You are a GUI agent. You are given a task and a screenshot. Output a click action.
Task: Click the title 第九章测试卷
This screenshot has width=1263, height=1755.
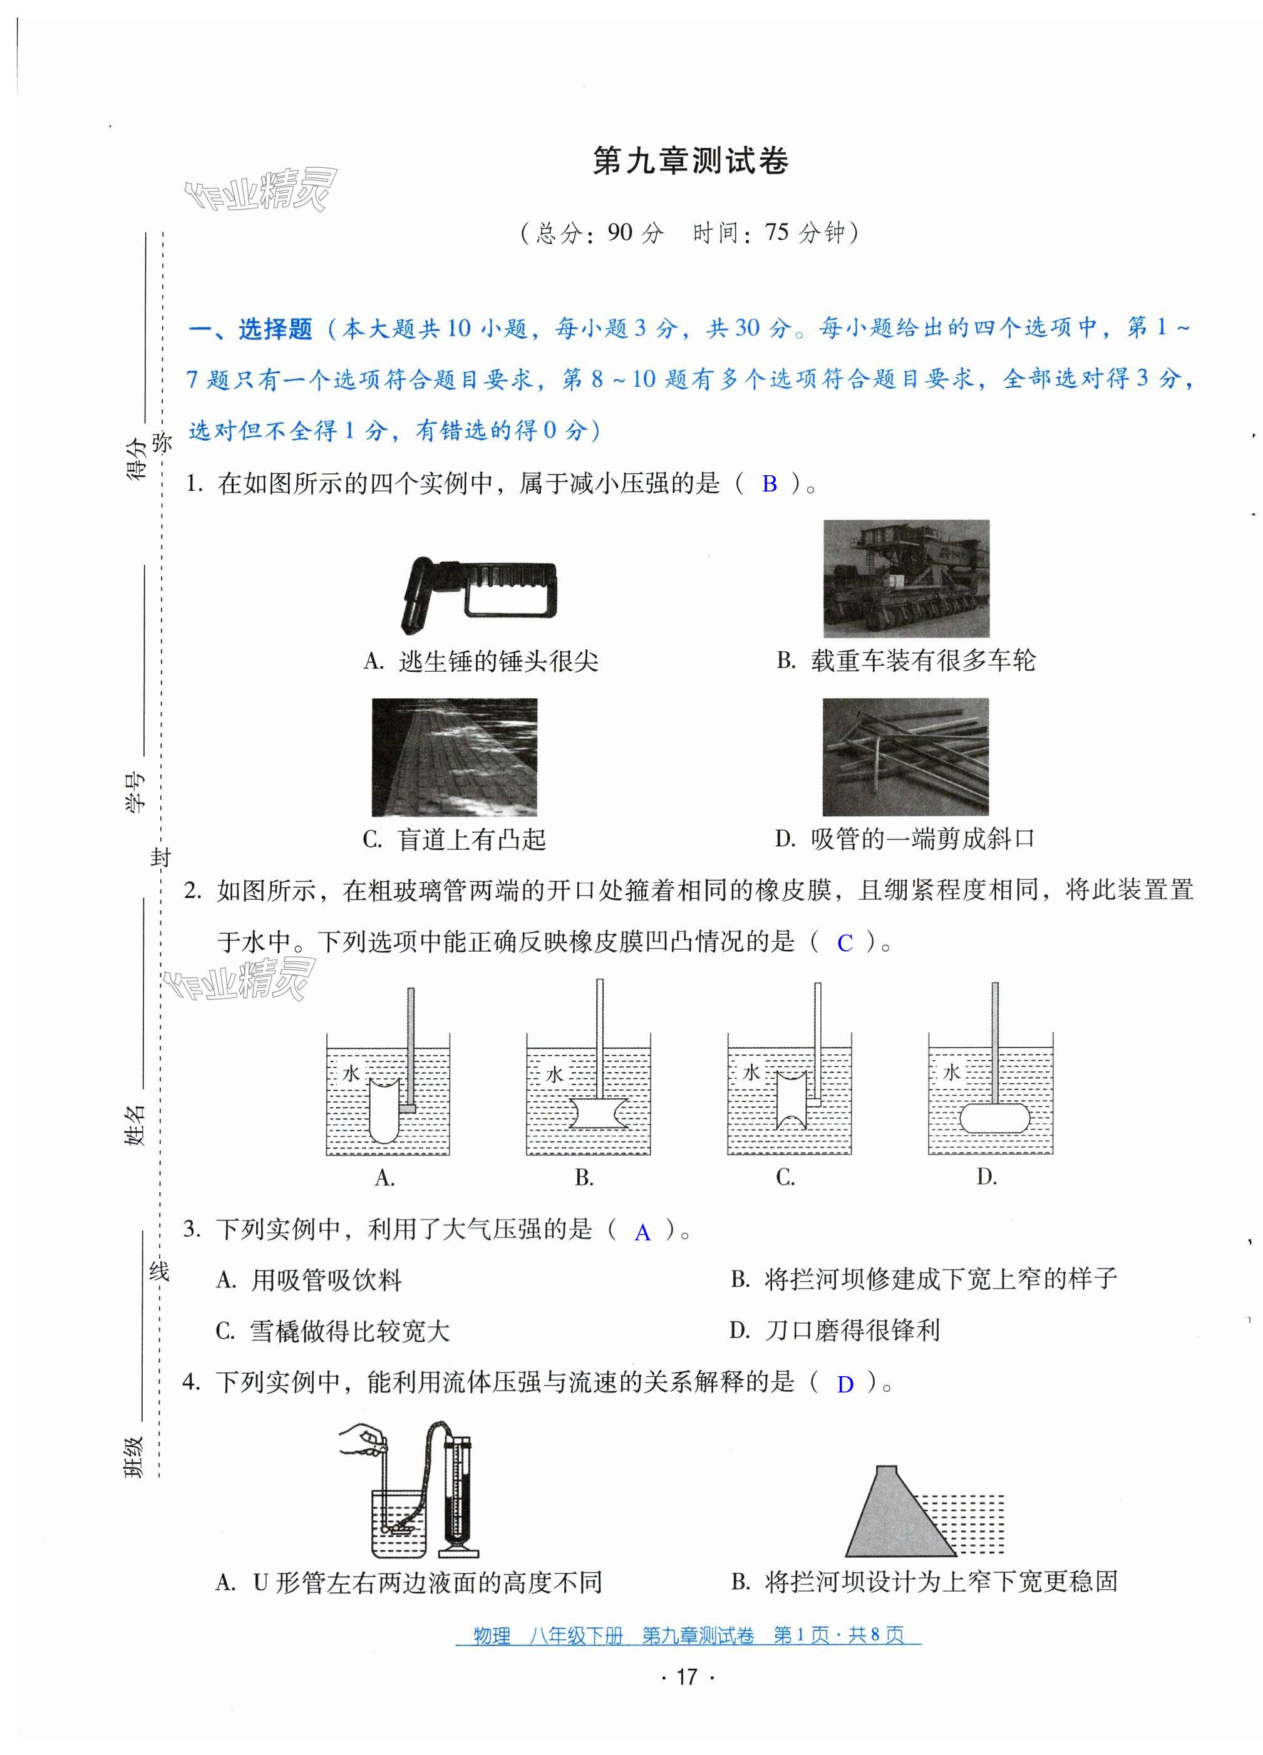689,161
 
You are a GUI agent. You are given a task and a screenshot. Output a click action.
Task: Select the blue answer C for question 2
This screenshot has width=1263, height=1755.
844,942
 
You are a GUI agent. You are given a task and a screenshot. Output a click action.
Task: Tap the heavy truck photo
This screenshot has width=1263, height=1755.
905,579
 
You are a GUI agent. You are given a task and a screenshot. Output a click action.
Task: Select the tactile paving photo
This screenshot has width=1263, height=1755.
454,757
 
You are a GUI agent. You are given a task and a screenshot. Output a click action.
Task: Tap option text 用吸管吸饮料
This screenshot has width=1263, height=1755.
326,1280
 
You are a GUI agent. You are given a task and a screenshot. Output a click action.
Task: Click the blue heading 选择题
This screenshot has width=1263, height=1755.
274,329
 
